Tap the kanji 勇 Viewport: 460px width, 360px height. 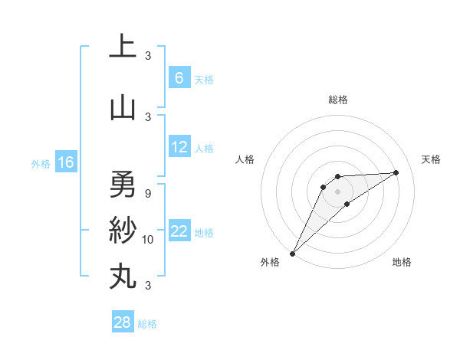tap(123, 184)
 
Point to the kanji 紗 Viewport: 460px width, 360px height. tap(123, 231)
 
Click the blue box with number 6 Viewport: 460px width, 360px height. tap(179, 78)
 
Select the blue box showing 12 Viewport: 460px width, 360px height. tap(179, 147)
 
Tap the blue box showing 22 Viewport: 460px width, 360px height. tap(179, 232)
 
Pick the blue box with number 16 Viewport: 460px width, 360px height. tap(65, 162)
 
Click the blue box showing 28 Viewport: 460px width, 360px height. tap(123, 322)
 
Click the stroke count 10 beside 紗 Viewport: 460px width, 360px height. tap(148, 240)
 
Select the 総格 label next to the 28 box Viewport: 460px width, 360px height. tap(147, 324)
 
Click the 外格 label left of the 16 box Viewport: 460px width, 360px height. tap(41, 163)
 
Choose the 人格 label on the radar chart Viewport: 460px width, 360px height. tap(245, 159)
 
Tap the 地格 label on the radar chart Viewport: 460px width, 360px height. tap(402, 262)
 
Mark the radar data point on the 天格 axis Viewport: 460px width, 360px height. tap(396, 172)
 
